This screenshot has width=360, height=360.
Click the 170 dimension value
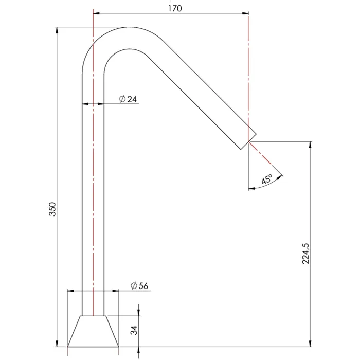coord(175,9)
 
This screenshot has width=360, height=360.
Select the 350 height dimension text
coord(52,209)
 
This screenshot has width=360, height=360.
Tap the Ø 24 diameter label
coord(128,99)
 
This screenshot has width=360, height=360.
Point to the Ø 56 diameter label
coord(139,285)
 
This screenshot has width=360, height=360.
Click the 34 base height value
coord(134,330)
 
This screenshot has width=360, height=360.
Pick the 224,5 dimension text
coord(305,254)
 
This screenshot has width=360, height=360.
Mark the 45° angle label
coord(267,179)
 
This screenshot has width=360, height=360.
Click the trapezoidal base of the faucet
coord(93,331)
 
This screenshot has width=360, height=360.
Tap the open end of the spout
coord(248,141)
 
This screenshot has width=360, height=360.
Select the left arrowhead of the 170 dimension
coord(96,13)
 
